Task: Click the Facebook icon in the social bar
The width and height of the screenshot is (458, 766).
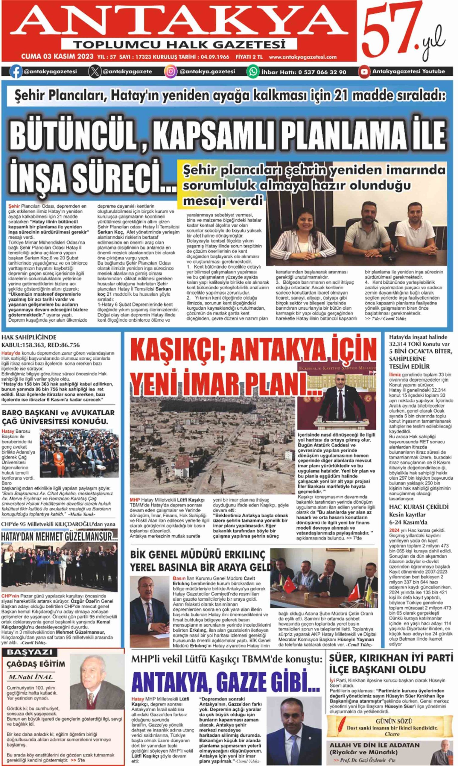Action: (15, 72)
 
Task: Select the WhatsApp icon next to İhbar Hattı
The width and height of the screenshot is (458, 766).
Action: (253, 72)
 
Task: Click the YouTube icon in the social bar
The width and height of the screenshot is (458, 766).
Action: (364, 72)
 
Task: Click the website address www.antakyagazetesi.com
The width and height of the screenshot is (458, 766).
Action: (302, 57)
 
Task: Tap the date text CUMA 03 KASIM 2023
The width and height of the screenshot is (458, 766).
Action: (57, 57)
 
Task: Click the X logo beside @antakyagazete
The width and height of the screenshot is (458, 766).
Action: (94, 72)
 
